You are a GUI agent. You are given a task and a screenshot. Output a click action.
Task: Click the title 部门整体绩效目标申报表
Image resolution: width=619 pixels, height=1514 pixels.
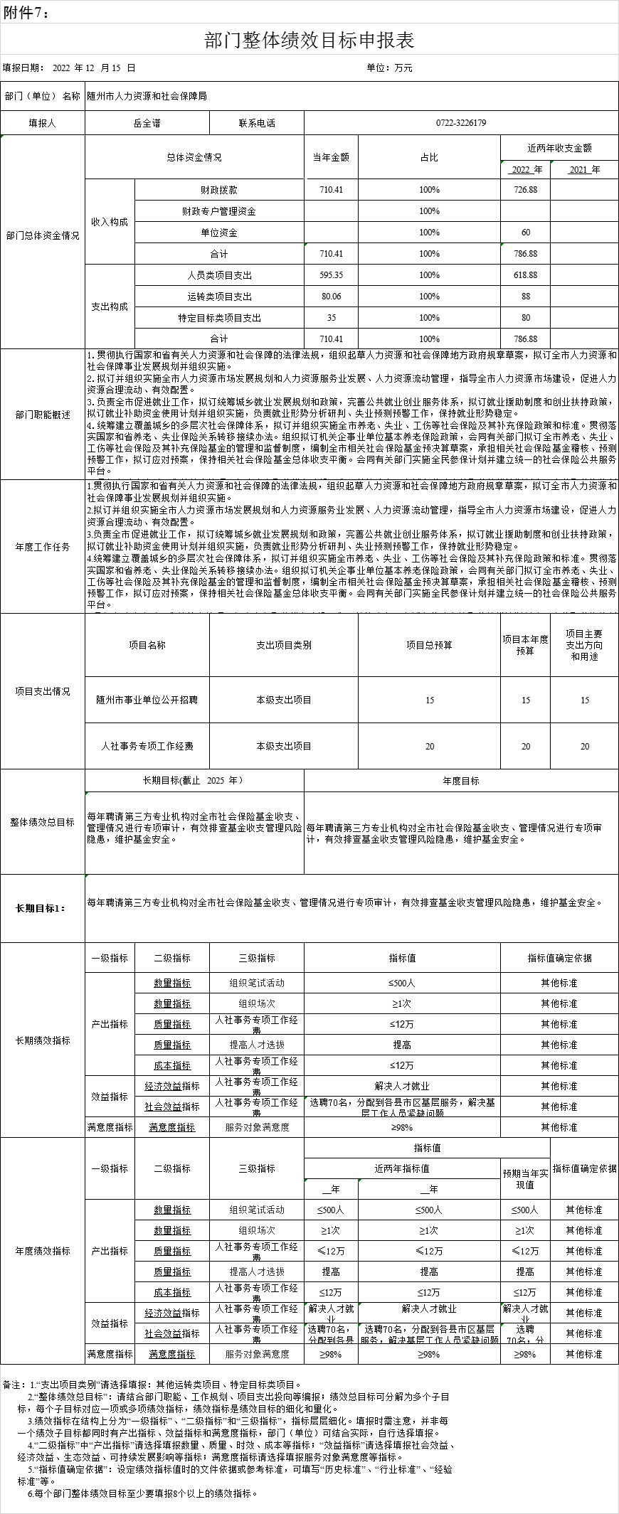tap(309, 40)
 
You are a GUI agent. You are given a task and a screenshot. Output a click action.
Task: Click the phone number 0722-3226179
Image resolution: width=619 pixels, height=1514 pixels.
tap(461, 123)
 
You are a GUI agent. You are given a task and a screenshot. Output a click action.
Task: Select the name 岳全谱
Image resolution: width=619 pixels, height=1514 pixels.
tap(147, 123)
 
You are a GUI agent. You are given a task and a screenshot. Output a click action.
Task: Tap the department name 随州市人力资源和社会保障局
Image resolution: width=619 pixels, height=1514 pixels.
tap(147, 95)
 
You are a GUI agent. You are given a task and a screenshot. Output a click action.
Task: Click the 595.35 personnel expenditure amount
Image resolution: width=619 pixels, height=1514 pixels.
tap(332, 275)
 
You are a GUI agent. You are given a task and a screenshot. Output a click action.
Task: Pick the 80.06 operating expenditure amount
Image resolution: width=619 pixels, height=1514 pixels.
tap(332, 297)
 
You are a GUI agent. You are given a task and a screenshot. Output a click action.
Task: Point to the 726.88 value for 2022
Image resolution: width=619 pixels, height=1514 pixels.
tap(525, 190)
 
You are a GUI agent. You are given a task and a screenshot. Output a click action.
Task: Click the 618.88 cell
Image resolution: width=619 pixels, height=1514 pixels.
tap(525, 275)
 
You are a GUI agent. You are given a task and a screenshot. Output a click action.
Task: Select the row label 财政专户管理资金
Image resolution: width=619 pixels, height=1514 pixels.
tap(219, 211)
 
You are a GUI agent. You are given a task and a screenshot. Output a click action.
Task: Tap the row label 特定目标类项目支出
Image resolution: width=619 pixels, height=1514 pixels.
tap(219, 318)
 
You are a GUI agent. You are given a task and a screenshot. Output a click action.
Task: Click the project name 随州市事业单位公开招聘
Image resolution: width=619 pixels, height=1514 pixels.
tap(147, 700)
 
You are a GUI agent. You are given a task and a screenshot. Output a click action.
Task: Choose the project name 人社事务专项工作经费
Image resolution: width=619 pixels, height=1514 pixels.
tap(147, 746)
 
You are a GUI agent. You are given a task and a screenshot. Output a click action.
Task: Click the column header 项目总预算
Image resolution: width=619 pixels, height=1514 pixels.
tap(429, 645)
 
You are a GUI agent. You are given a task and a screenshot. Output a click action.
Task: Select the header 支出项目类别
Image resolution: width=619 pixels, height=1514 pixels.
tap(284, 645)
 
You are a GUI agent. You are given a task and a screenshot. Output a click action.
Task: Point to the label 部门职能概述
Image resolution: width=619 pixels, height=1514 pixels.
tap(43, 415)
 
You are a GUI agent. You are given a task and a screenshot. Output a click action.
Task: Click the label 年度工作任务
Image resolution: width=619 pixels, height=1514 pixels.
tap(43, 547)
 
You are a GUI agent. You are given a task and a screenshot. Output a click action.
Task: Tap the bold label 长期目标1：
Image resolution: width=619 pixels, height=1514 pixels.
tap(42, 908)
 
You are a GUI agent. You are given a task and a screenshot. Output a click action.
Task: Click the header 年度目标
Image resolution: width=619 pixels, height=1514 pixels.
tap(461, 781)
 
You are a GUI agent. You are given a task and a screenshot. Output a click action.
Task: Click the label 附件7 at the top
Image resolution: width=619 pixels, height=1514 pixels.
tap(26, 11)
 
